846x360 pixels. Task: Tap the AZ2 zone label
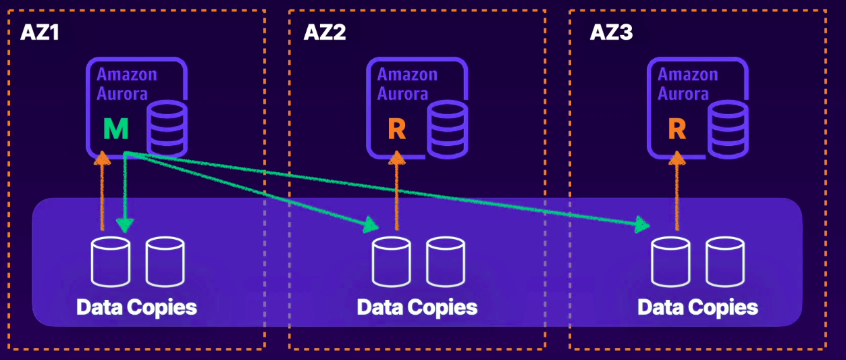(324, 32)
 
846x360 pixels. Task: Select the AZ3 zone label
(611, 32)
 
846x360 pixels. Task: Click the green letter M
(115, 128)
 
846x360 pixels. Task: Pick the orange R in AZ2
(397, 128)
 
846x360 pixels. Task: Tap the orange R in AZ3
(677, 128)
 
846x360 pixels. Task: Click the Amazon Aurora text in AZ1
(126, 84)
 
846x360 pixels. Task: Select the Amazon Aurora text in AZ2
(407, 84)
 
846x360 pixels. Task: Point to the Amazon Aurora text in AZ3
(688, 84)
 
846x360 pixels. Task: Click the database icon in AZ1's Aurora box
(167, 128)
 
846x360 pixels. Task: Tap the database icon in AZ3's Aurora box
(729, 128)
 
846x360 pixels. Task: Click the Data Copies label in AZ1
(136, 307)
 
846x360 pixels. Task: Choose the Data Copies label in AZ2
(417, 307)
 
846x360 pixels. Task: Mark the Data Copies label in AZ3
(697, 307)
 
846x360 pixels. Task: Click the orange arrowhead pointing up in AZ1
(102, 159)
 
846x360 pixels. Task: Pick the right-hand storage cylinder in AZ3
(725, 261)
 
